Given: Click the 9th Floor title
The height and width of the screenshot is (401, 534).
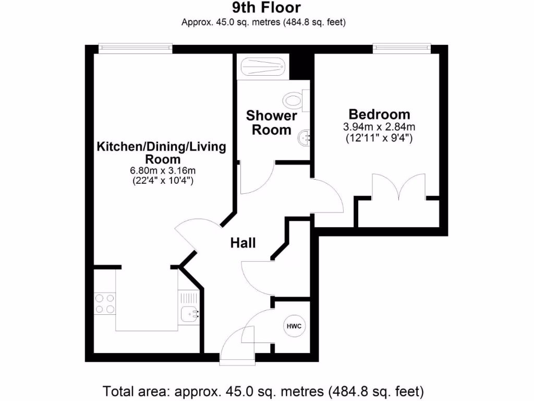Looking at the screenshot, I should (x=266, y=7).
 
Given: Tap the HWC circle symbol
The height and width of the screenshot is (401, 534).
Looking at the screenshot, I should (x=294, y=326).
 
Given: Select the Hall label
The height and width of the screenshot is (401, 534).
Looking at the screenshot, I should (x=244, y=243).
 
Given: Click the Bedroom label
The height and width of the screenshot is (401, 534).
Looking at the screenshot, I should (x=379, y=114).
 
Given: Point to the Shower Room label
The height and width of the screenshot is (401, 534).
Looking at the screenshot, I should (x=271, y=122).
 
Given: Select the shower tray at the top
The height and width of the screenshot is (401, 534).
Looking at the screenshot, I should (x=262, y=68).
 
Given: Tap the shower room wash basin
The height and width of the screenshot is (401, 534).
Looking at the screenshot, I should (x=302, y=138).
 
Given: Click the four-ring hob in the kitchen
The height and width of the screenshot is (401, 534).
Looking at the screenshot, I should (x=104, y=303).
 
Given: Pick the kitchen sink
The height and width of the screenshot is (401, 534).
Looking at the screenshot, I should (x=189, y=314).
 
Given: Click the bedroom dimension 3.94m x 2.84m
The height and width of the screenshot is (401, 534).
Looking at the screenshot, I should (x=379, y=127).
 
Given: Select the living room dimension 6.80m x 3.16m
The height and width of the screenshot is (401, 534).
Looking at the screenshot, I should (x=162, y=170).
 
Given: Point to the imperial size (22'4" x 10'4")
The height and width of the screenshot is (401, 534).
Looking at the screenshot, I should (x=162, y=181).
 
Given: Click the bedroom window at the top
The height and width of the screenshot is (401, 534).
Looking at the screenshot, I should (x=402, y=49).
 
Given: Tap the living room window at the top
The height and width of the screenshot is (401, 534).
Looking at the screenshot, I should (x=136, y=49).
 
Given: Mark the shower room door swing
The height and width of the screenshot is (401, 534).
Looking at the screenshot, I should (x=258, y=180).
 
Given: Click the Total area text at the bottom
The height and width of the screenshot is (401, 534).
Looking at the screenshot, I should (x=263, y=391).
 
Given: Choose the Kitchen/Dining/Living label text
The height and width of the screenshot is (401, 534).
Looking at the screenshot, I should (x=162, y=147).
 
